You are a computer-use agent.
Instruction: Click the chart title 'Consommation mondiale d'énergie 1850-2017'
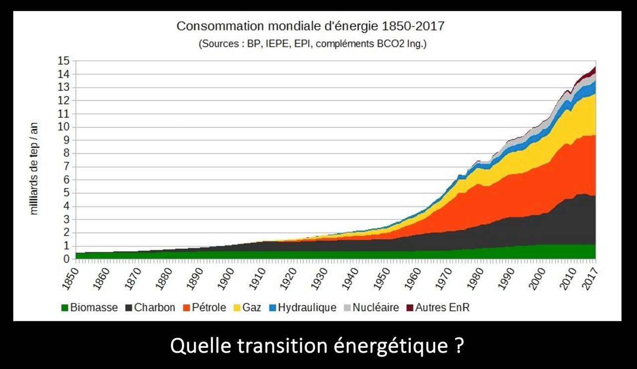[310, 26]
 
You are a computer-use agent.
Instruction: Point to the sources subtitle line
[313, 44]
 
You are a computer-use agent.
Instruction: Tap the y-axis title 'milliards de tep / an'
[34, 169]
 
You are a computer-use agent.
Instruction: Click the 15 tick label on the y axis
[64, 61]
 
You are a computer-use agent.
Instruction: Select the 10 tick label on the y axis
[64, 127]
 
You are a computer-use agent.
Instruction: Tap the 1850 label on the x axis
[72, 278]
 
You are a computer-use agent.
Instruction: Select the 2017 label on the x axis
[592, 278]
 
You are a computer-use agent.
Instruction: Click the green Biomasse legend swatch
[64, 308]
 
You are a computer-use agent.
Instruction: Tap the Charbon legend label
[154, 308]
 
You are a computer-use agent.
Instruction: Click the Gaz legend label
[252, 308]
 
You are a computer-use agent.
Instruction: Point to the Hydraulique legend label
[307, 308]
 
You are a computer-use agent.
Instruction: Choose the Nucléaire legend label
[376, 308]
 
